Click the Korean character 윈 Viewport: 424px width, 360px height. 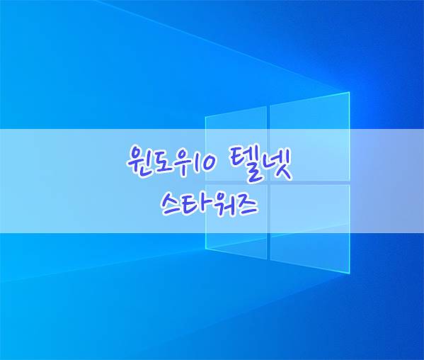[x=137, y=162]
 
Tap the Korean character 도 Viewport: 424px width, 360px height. [x=159, y=162]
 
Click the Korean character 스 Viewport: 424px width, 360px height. [x=173, y=204]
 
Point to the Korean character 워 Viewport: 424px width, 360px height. [x=219, y=204]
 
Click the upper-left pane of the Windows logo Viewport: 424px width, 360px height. [x=236, y=143]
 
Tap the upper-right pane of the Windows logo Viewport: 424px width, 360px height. [x=310, y=137]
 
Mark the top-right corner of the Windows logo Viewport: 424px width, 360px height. [x=350, y=92]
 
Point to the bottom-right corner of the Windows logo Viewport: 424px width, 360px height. [x=350, y=274]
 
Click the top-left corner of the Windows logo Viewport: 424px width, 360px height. [x=205, y=118]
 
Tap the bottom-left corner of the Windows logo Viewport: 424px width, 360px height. [x=205, y=248]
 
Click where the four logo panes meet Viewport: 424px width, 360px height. [x=268, y=183]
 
